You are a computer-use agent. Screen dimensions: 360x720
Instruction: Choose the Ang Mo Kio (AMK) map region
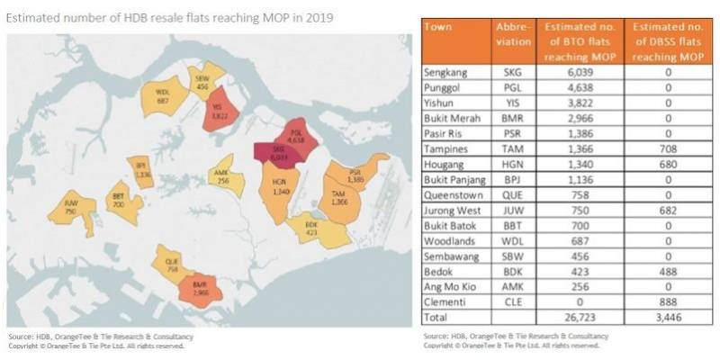click(x=221, y=175)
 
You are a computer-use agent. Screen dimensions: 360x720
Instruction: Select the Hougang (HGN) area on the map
click(x=278, y=192)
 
